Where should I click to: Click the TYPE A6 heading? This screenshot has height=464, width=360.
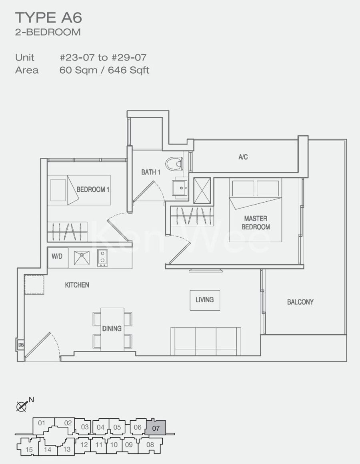[x=48, y=18]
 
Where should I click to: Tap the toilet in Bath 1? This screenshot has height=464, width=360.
[x=174, y=164]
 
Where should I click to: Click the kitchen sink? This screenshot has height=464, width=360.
[x=82, y=258]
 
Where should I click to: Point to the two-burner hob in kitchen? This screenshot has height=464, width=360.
[x=102, y=258]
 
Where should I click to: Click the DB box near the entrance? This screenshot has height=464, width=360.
[x=21, y=345]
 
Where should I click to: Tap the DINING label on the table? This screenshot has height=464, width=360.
[x=112, y=328]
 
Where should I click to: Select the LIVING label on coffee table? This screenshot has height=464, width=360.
[x=204, y=300]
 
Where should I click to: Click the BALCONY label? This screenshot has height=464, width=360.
[x=300, y=302]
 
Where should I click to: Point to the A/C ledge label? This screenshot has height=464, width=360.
[x=243, y=157]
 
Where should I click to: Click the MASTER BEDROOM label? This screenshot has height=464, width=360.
[x=256, y=223]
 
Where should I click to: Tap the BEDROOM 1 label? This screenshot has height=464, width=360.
[x=93, y=189]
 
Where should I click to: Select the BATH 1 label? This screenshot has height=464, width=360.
[x=151, y=172]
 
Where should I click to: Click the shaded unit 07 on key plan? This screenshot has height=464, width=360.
[x=156, y=428]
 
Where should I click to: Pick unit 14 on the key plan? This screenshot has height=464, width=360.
[x=48, y=450]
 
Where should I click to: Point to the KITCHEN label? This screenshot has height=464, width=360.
[x=77, y=285]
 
